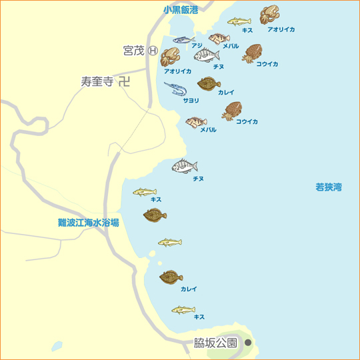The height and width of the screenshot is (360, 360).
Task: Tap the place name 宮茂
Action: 133,50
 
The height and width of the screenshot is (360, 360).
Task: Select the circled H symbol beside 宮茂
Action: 152,50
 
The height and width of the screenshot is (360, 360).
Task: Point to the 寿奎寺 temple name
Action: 96,82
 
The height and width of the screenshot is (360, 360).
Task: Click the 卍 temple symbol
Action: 124,82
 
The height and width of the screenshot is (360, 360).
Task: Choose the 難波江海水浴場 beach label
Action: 88,223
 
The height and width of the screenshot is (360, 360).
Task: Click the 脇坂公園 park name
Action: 215,343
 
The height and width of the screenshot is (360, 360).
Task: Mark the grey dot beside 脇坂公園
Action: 248,343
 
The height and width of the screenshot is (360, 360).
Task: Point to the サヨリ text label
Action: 191,100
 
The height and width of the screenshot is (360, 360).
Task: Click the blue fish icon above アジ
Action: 183,39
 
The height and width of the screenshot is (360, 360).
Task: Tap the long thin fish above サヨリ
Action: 177,89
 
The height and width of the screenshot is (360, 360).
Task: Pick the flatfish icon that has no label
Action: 155,215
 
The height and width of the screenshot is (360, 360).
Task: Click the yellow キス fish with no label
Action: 169,241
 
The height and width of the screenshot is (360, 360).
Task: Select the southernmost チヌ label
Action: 198,179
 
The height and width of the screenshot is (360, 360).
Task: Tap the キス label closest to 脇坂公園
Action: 199,317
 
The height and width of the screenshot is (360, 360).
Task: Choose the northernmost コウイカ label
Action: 267,64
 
